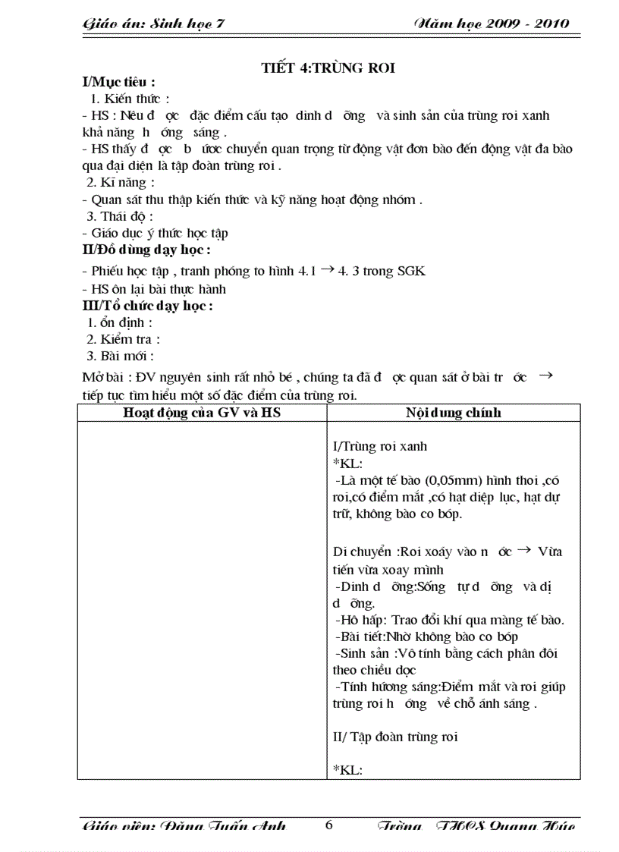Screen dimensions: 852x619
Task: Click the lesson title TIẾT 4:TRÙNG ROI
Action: [328, 68]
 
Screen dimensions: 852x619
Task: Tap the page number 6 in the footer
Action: [328, 825]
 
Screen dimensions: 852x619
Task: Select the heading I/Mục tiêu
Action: [119, 82]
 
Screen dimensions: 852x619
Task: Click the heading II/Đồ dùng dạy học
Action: [146, 249]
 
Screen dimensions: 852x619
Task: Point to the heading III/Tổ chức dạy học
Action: [147, 306]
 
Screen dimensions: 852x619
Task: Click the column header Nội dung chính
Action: [454, 413]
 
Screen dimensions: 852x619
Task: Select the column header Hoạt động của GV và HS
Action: [202, 413]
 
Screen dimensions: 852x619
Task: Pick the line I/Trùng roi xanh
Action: [385, 447]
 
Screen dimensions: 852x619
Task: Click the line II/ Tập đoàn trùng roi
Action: [395, 737]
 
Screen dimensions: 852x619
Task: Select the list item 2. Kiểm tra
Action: [124, 339]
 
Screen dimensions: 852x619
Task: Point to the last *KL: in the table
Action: [348, 769]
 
